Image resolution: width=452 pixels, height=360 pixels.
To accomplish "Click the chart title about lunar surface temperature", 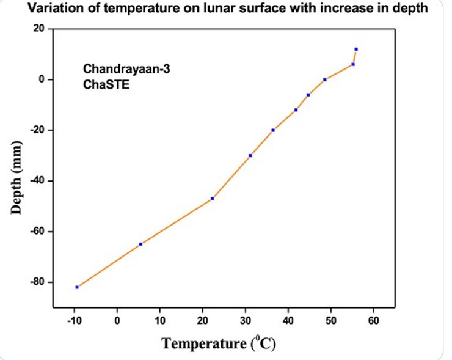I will tap(225, 9).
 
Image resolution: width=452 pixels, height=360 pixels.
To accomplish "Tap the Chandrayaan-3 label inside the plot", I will tap(126, 69).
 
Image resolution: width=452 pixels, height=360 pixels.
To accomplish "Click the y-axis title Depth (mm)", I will tap(16, 177).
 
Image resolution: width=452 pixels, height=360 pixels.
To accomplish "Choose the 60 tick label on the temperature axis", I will tap(374, 320).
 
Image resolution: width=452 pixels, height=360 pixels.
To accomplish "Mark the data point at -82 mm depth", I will tap(77, 287).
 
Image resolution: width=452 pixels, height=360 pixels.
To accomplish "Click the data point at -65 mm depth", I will tap(140, 244).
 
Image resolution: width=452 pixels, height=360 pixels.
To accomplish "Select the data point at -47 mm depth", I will tap(212, 199).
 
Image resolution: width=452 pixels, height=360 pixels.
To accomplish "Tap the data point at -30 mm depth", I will tap(250, 155).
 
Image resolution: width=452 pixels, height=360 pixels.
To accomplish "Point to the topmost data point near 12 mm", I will tap(355, 49).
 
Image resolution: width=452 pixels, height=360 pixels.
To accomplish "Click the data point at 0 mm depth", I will tap(325, 79).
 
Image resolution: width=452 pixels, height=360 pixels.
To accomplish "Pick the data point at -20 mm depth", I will tap(273, 130).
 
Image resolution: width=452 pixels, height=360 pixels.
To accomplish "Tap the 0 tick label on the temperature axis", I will tap(117, 320).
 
